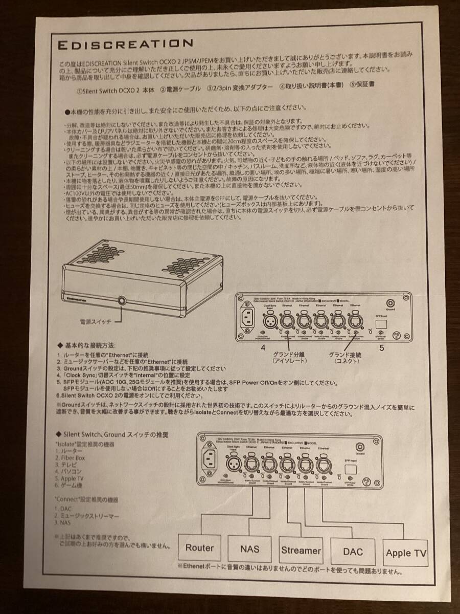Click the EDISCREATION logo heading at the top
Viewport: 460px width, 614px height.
tap(125, 44)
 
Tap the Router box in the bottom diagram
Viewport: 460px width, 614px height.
tap(199, 548)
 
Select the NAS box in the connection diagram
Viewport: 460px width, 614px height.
tap(250, 549)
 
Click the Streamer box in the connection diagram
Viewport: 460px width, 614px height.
tap(301, 550)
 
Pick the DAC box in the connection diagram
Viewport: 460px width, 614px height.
tap(353, 552)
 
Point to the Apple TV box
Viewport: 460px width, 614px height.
tap(406, 553)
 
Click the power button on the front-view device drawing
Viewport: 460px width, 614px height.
tap(122, 300)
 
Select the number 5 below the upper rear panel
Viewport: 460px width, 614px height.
tap(382, 348)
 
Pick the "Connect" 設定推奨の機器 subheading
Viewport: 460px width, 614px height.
tap(87, 498)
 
